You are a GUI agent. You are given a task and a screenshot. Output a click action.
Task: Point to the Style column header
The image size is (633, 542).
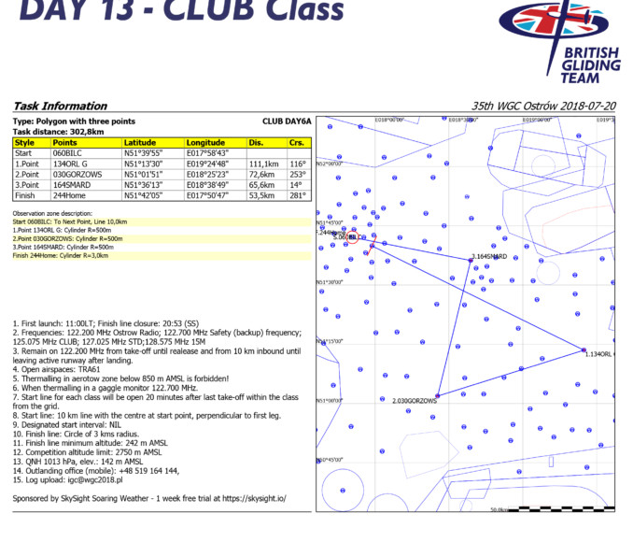(x=24, y=143)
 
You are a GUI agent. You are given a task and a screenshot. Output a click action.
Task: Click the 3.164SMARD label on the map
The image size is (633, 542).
(x=490, y=256)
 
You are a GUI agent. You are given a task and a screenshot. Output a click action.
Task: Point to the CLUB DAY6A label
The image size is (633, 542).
(x=285, y=121)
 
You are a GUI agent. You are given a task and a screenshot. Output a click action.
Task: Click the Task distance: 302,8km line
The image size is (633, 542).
(x=57, y=132)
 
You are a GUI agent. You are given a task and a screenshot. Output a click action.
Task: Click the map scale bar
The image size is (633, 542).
(x=551, y=509)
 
